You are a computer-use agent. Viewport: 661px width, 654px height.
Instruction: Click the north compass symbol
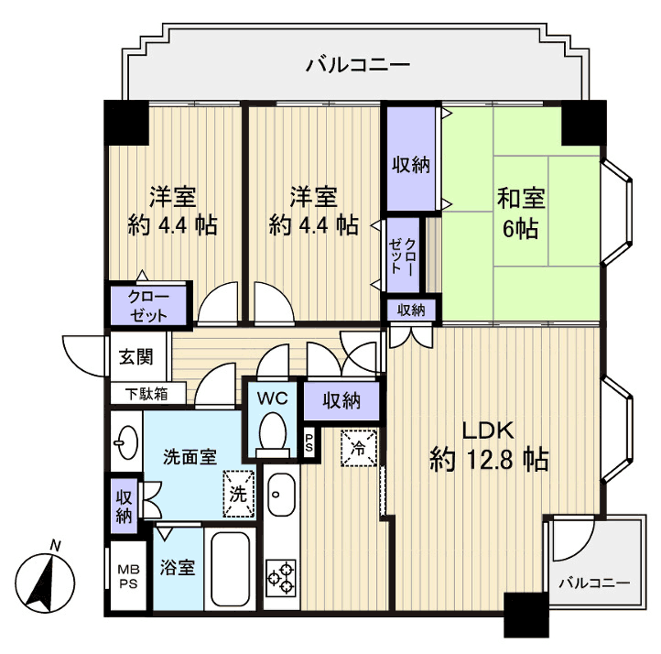(x=45, y=581)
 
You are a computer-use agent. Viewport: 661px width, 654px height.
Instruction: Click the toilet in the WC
(x=272, y=433)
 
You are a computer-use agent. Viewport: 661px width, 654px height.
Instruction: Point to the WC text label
(x=271, y=398)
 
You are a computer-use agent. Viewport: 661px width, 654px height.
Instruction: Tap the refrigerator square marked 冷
(x=358, y=448)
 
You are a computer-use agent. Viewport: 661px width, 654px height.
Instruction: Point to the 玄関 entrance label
(x=129, y=357)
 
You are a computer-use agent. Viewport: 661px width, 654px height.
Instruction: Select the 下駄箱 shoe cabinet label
(x=146, y=394)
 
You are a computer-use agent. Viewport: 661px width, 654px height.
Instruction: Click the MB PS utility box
(x=125, y=574)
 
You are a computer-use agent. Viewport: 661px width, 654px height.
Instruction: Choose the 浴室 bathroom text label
(x=178, y=568)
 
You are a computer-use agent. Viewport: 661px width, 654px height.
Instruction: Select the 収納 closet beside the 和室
(x=411, y=165)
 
